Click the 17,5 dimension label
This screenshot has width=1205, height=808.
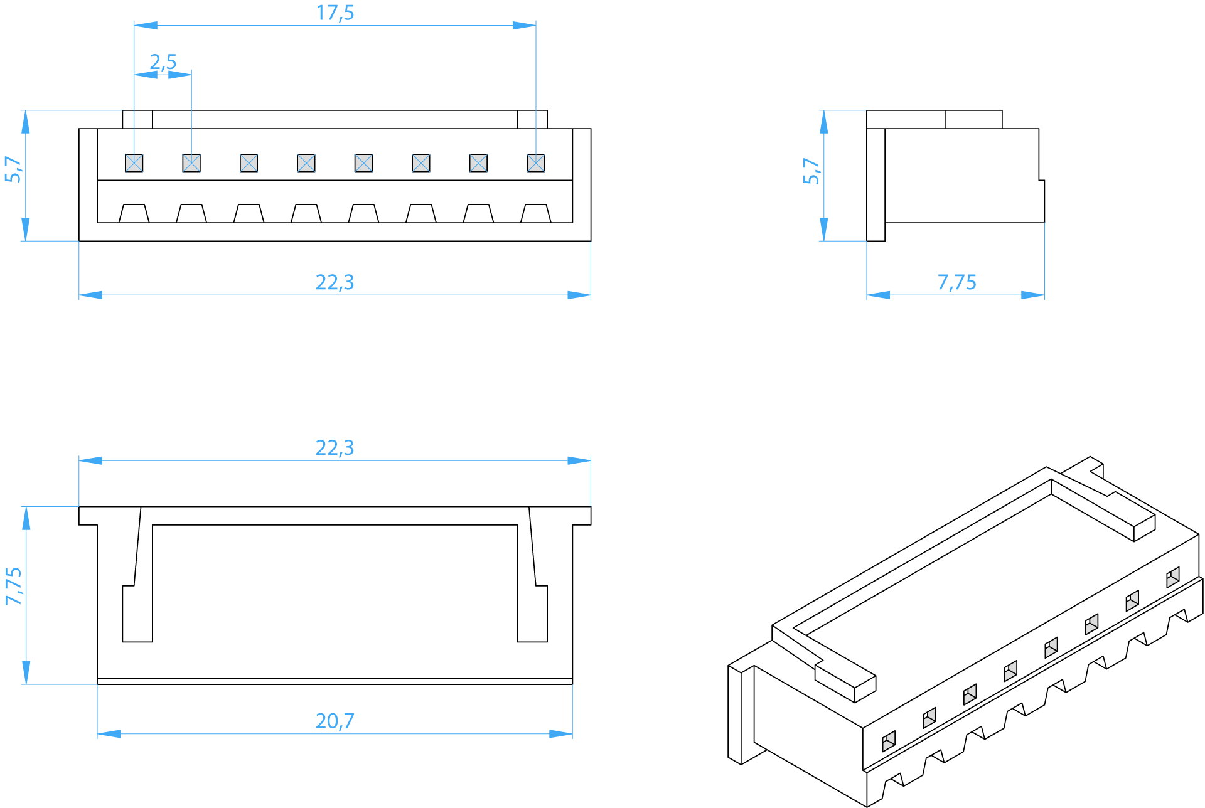[335, 13]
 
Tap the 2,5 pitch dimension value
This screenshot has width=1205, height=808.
[163, 62]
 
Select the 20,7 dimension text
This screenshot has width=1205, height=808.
[335, 721]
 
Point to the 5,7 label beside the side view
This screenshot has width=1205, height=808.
[811, 171]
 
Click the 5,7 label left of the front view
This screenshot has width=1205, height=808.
[13, 169]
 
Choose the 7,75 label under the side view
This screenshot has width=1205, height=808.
[957, 282]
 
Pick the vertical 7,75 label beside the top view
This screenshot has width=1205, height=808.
[13, 587]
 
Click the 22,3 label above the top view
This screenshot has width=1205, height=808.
[335, 448]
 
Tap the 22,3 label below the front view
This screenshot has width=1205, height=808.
[335, 282]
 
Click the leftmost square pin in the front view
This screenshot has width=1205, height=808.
[134, 163]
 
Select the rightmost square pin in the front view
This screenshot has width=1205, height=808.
[536, 163]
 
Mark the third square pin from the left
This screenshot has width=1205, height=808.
[249, 163]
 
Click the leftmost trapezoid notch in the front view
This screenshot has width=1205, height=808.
[134, 213]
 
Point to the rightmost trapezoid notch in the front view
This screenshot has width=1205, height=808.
[536, 213]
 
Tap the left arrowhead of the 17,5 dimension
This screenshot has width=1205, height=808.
[146, 26]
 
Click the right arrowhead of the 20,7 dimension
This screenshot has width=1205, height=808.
[561, 734]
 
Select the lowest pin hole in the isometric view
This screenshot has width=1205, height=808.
[889, 742]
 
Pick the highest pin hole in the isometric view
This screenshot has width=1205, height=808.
[1173, 577]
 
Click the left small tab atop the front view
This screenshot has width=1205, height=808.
[137, 120]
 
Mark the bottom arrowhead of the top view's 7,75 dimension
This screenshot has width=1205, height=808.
[26, 672]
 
